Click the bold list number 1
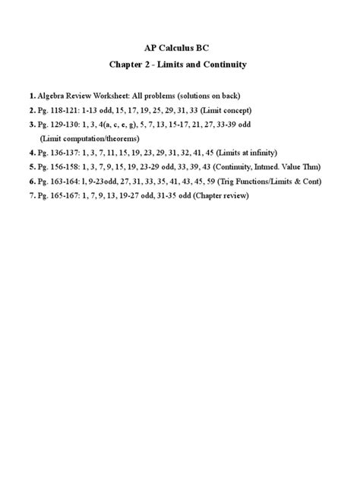click(x=31, y=97)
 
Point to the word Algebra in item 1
click(x=52, y=97)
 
